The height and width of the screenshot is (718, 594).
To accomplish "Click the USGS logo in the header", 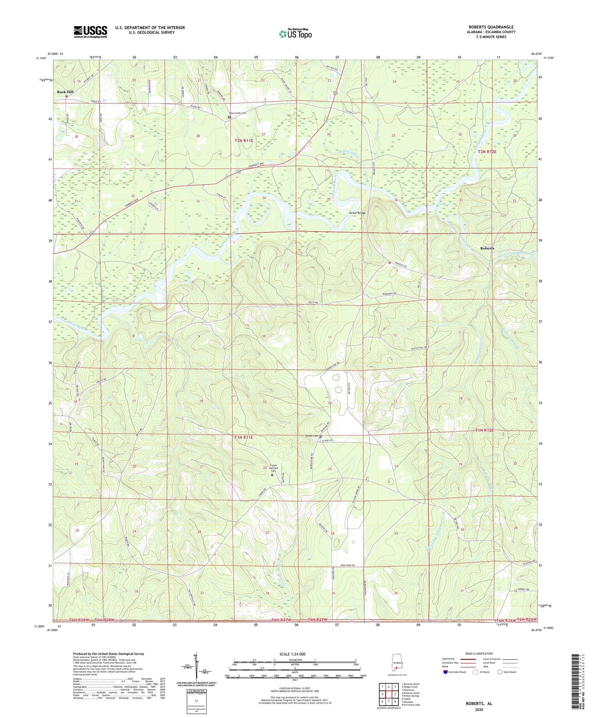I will click(90, 32).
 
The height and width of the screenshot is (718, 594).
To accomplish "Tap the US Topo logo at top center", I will click(295, 34).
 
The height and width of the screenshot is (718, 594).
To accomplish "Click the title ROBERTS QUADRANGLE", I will click(491, 27).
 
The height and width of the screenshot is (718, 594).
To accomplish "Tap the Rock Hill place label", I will click(65, 92).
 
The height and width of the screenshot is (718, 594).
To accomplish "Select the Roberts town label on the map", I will click(487, 248).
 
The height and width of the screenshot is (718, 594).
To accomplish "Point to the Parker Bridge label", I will click(357, 213).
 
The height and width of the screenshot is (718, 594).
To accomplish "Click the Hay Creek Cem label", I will click(237, 113).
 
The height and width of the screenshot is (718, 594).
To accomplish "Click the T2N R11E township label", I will click(244, 141).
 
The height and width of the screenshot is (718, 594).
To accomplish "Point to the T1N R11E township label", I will click(243, 438).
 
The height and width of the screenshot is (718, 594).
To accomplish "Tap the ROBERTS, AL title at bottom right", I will click(479, 704).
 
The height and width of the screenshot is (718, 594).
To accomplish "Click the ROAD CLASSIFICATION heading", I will click(479, 653).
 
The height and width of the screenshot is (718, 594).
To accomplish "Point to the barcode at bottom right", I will click(579, 682).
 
